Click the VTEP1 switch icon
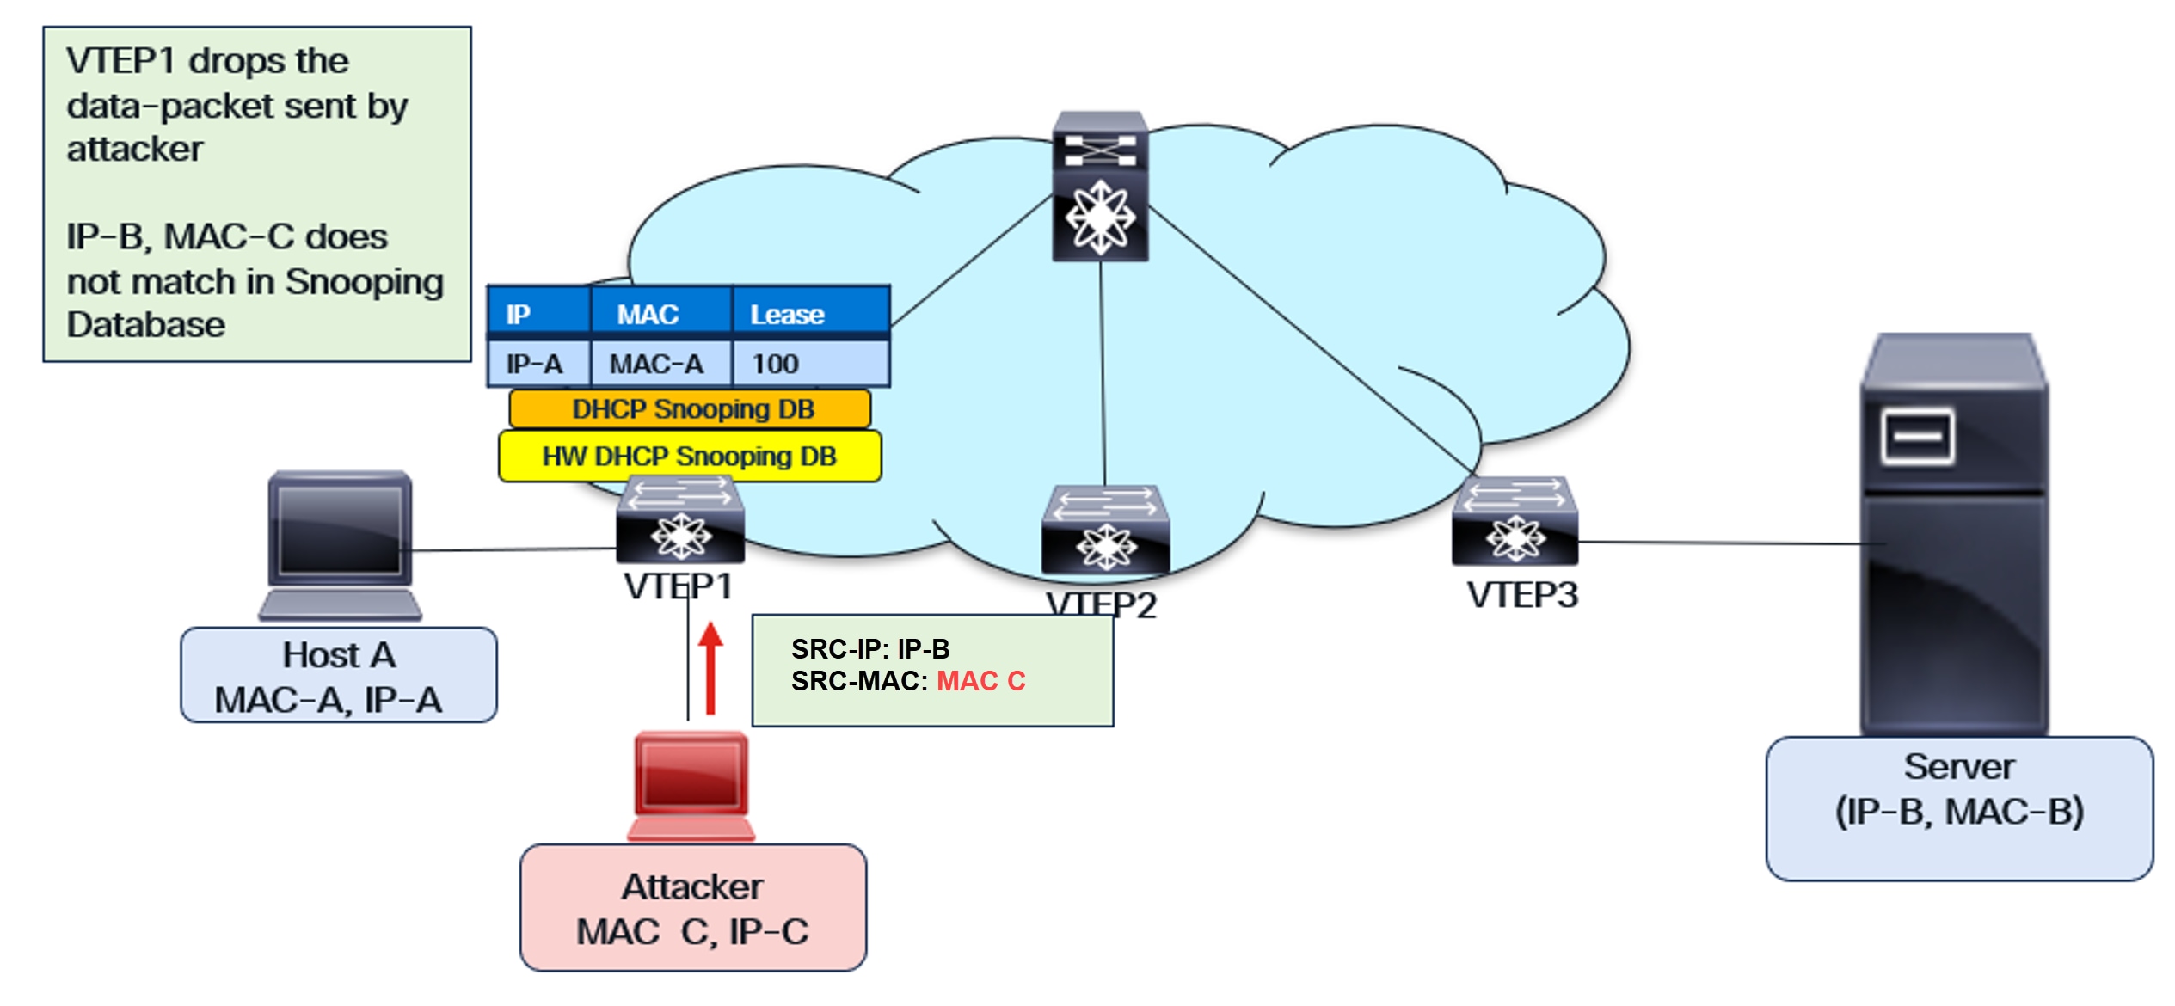pyautogui.click(x=679, y=520)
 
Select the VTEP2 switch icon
pyautogui.click(x=1105, y=531)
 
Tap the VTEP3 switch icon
pyautogui.click(x=1515, y=521)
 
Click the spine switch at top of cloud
pyautogui.click(x=1100, y=187)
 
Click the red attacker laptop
pyautogui.click(x=691, y=784)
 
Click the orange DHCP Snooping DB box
pyautogui.click(x=690, y=409)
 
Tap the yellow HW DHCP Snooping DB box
pyautogui.click(x=690, y=457)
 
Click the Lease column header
pyautogui.click(x=787, y=315)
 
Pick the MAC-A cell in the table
pyautogui.click(x=657, y=365)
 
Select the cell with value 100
pyautogui.click(x=775, y=365)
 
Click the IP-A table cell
pyautogui.click(x=534, y=365)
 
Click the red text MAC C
pyautogui.click(x=980, y=681)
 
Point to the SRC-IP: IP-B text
pyautogui.click(x=869, y=649)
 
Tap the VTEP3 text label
pyautogui.click(x=1522, y=596)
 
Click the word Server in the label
pyautogui.click(x=1958, y=767)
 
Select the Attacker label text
pyautogui.click(x=691, y=887)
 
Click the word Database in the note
pyautogui.click(x=146, y=326)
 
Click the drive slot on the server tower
pyautogui.click(x=1917, y=437)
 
